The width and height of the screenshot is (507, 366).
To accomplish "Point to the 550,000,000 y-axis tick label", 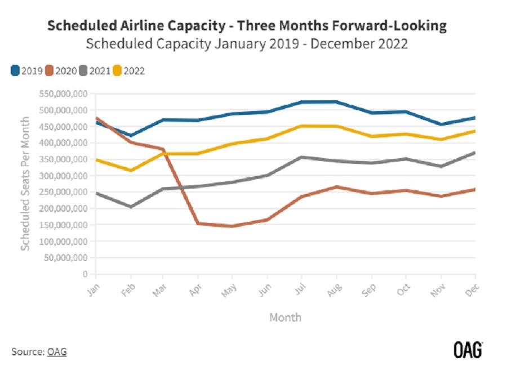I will tap(64, 93).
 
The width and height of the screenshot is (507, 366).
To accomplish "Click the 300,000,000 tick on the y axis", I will tap(64, 176).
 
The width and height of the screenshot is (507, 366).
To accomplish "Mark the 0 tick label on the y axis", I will tap(84, 274).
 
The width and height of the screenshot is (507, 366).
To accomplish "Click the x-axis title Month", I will tap(285, 318).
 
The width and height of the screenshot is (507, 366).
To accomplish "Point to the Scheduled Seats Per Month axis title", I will tap(25, 184).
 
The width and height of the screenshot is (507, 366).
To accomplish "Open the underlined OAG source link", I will tap(56, 352).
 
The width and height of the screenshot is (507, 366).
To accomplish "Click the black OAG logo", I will tap(468, 350).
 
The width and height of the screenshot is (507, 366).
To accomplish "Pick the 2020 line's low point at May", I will tap(231, 226).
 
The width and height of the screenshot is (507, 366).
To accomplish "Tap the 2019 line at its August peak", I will tap(336, 102).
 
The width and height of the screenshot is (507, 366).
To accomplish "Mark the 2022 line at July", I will tap(301, 126).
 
